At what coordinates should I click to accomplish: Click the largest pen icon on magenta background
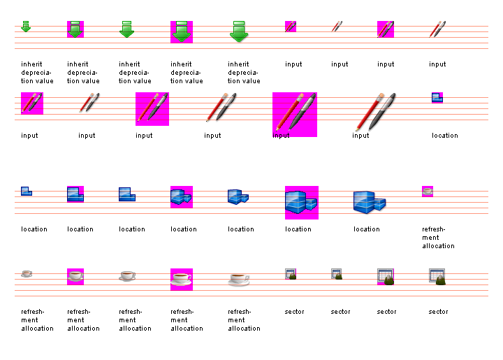[x=294, y=114]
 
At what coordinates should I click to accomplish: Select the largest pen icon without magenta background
[x=376, y=112]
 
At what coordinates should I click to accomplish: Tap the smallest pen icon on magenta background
[x=291, y=27]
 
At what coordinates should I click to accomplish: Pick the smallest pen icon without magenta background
[x=337, y=27]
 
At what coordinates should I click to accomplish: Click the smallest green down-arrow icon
[x=26, y=27]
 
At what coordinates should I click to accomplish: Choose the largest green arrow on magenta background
[x=182, y=31]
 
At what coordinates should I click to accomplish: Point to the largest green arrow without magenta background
[x=239, y=31]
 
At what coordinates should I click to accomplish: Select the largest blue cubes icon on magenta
[x=301, y=202]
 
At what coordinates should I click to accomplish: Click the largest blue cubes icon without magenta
[x=370, y=202]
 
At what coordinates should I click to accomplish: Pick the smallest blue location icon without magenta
[x=26, y=191]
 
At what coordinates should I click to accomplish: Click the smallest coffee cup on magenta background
[x=428, y=191]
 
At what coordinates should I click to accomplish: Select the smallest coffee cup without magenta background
[x=26, y=273]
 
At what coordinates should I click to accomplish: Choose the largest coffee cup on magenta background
[x=181, y=279]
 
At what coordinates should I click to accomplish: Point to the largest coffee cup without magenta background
[x=239, y=279]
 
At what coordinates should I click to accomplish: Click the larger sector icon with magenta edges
[x=386, y=276]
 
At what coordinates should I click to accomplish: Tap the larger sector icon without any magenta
[x=437, y=275]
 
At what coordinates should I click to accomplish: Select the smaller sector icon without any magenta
[x=336, y=274]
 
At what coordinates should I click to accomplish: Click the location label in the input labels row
[x=444, y=136]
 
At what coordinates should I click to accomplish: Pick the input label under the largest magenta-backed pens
[x=281, y=136]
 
